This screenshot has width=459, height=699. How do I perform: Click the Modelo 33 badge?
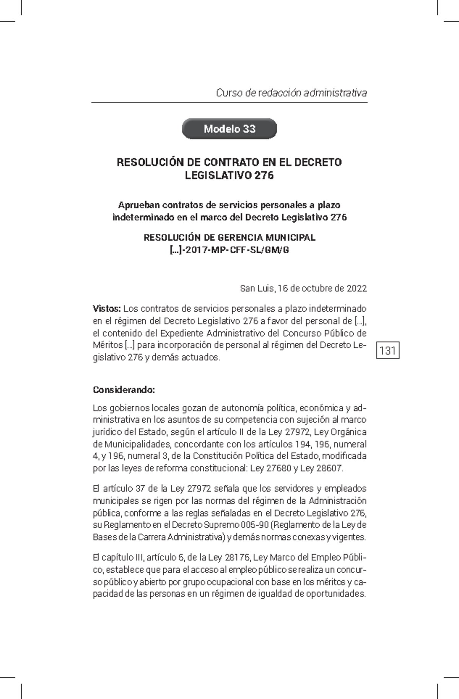click(229, 129)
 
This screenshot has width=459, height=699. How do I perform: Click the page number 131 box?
click(388, 350)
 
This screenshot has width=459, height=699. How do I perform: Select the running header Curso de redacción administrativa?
click(291, 93)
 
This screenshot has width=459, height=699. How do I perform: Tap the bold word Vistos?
click(107, 308)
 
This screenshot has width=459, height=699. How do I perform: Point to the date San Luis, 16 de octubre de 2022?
click(303, 288)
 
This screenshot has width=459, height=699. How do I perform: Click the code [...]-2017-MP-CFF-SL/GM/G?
click(229, 250)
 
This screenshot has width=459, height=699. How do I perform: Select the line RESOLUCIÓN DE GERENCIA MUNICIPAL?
click(229, 238)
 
